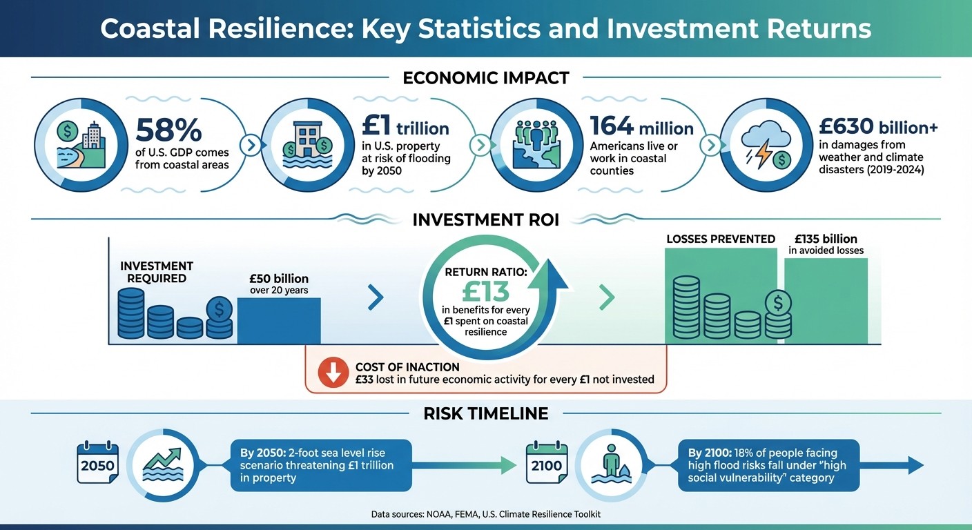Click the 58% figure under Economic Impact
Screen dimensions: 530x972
pyautogui.click(x=168, y=130)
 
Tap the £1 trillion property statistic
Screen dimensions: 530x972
pyautogui.click(x=405, y=127)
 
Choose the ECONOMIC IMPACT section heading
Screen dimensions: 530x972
pyautogui.click(x=486, y=78)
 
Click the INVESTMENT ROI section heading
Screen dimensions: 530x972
pyautogui.click(x=486, y=220)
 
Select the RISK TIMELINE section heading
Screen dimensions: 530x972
pyautogui.click(x=486, y=413)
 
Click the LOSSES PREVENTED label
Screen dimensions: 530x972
pyautogui.click(x=720, y=239)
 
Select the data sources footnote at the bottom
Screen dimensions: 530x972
pyautogui.click(x=486, y=514)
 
